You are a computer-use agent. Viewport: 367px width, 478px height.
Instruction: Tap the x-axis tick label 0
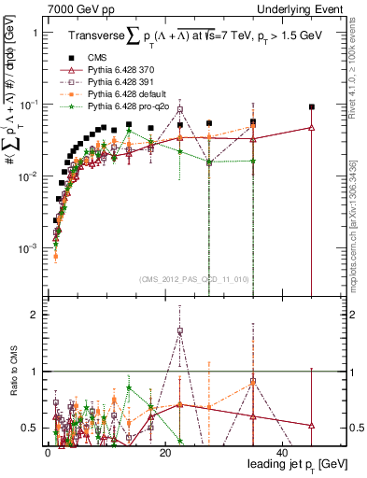point(47,453)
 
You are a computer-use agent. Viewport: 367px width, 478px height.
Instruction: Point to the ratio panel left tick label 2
point(35,315)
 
